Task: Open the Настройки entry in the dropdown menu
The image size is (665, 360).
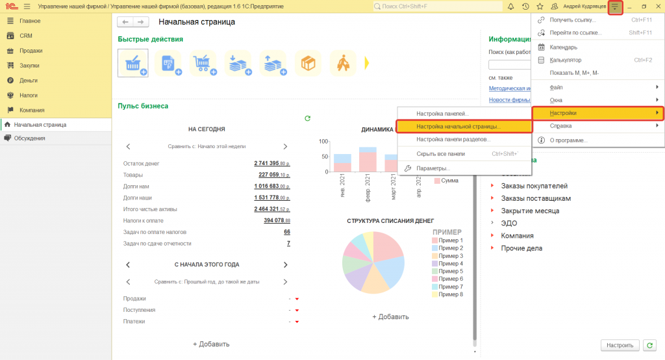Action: coord(562,113)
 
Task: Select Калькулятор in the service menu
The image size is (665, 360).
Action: coord(567,60)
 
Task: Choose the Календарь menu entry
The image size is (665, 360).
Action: coord(563,47)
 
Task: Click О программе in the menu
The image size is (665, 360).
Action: coord(568,140)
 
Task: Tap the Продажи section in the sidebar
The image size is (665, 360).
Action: coord(31,51)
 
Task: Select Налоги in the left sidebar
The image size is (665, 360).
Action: coord(29,95)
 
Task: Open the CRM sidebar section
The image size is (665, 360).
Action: coord(26,36)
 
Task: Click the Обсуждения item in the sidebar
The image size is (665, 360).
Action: coord(30,138)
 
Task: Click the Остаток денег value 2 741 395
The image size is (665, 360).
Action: coord(271,163)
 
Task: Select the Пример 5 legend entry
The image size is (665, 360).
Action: coord(451,272)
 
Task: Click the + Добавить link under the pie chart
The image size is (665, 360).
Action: coord(390,316)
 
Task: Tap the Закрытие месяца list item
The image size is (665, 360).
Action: coord(530,211)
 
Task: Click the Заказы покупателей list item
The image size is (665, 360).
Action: coord(534,186)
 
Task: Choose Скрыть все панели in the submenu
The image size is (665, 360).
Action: coord(443,154)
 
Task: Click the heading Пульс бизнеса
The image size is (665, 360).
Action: coord(143,105)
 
